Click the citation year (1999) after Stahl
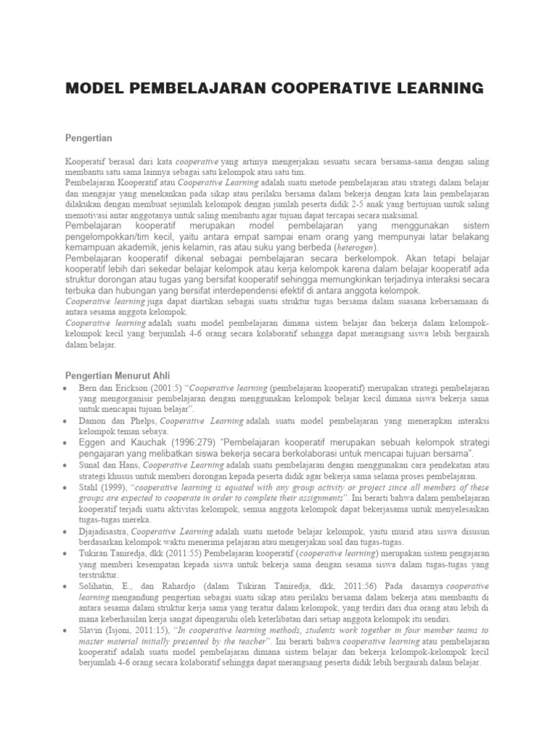pyautogui.click(x=121, y=487)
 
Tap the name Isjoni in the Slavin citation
pyautogui.click(x=128, y=630)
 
